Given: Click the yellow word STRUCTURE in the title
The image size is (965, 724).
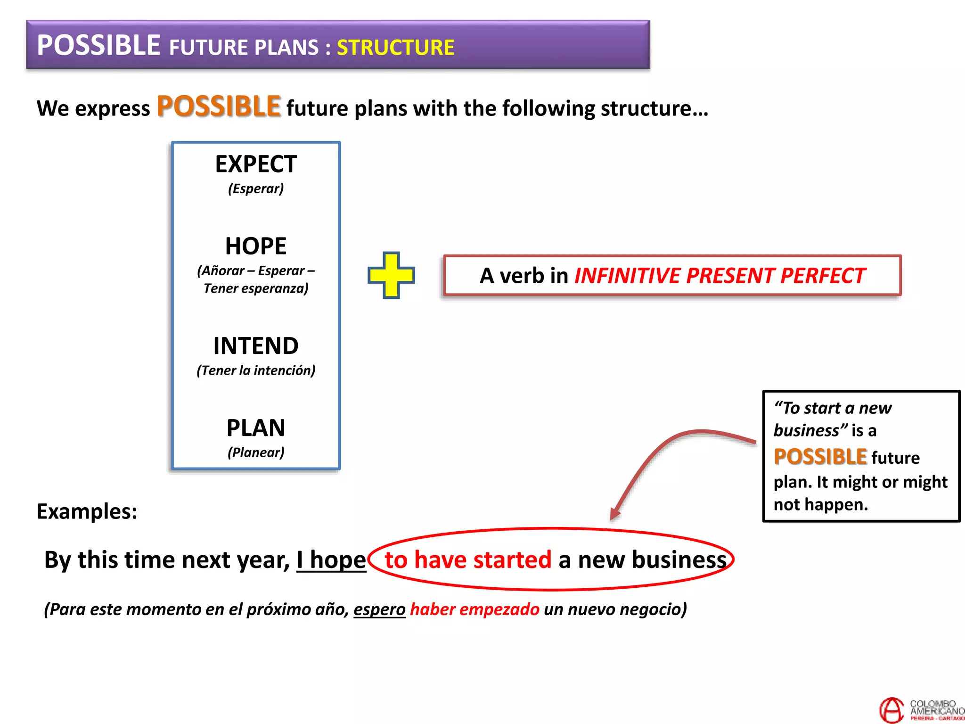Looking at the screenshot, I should tap(395, 48).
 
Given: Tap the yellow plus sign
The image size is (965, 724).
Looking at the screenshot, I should tap(391, 275).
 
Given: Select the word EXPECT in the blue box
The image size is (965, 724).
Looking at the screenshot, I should tap(256, 165).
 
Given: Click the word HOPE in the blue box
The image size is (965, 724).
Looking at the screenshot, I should tap(256, 246).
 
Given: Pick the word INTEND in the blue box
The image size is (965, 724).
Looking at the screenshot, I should tap(256, 346).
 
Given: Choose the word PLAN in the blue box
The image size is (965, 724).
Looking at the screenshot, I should tap(256, 428).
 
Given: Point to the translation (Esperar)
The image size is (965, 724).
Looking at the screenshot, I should tap(256, 189).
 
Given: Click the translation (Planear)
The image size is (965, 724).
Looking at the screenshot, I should tap(256, 452).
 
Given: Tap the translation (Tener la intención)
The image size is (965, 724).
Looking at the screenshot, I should tap(256, 370).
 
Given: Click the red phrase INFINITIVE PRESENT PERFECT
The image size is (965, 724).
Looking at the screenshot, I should tap(720, 276).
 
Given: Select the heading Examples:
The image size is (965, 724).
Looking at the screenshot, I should tap(87, 511).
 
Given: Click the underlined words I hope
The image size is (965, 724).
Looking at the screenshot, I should tap(331, 560).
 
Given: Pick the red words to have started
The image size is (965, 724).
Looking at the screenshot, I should tap(468, 560).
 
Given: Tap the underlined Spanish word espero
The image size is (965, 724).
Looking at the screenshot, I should tap(379, 609).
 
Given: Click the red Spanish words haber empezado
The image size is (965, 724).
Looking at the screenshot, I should tap(474, 609).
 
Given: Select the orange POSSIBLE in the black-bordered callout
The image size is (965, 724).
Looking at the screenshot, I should tap(820, 457).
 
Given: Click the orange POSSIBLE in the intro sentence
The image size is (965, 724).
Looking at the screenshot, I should tap(219, 107).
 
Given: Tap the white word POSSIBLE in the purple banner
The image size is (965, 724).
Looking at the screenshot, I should tap(98, 46).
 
